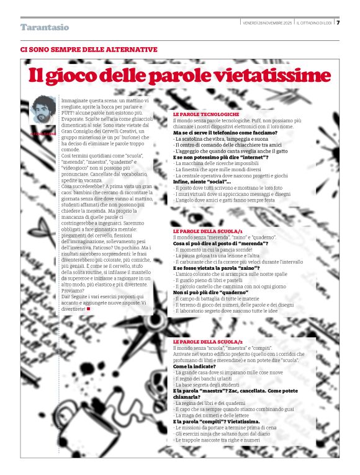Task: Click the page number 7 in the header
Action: click(x=338, y=23)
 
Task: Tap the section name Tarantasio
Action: click(x=45, y=27)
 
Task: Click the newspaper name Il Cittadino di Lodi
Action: click(x=314, y=23)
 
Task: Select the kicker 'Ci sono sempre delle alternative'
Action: click(x=89, y=49)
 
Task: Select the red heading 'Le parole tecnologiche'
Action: click(x=206, y=115)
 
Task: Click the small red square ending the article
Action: click(x=88, y=308)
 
